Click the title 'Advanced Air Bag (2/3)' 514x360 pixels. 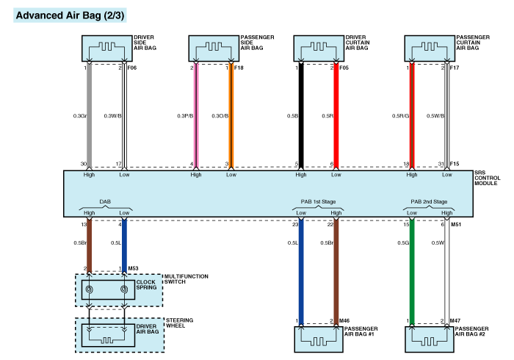tap(60, 15)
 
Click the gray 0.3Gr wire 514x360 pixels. tap(89, 118)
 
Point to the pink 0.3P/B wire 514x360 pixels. tap(195, 118)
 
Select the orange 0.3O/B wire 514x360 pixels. tap(231, 118)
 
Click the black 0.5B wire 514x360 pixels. tap(301, 118)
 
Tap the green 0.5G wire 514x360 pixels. tap(411, 272)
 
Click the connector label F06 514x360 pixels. tap(132, 68)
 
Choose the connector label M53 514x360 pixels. tap(133, 269)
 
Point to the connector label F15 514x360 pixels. tap(455, 164)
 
